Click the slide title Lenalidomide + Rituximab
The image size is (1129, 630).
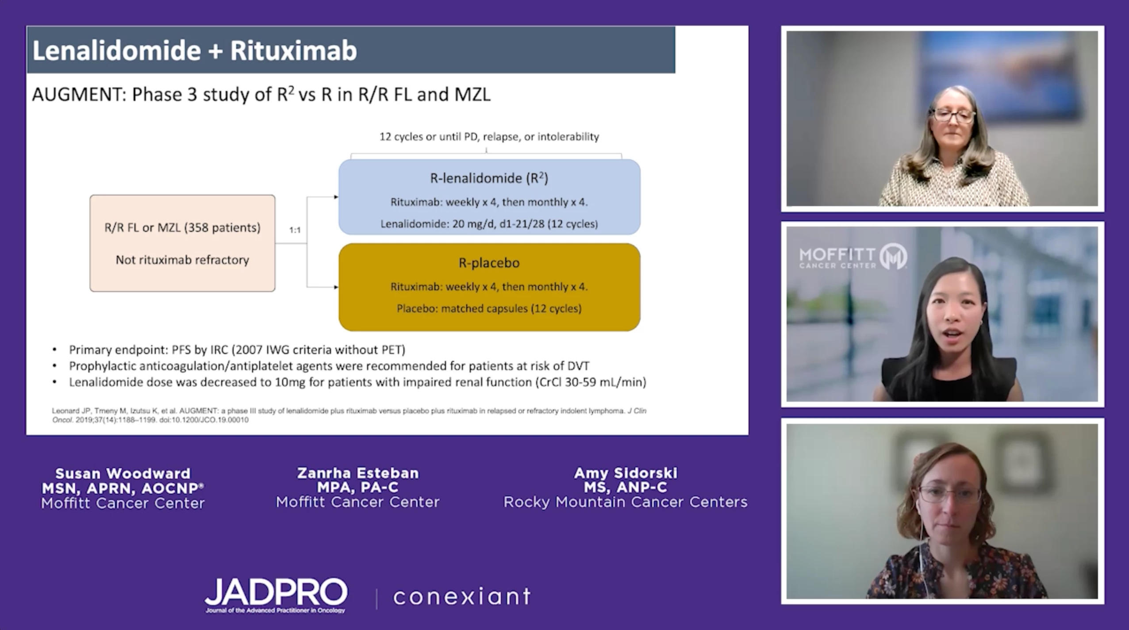pos(195,50)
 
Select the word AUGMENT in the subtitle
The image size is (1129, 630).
pos(79,95)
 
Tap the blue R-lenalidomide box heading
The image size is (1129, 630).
pos(489,178)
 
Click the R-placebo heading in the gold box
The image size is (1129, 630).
pos(489,263)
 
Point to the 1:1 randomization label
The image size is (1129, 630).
pos(295,230)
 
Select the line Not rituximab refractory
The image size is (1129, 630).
pos(182,260)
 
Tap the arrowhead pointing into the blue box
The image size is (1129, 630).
pos(336,197)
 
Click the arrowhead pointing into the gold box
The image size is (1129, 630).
pos(336,287)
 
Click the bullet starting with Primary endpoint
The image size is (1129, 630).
pos(237,350)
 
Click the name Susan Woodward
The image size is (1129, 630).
pos(123,473)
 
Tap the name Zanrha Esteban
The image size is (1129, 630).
pos(358,473)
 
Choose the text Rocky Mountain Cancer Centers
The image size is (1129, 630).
pos(626,502)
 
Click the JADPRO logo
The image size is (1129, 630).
pos(276,595)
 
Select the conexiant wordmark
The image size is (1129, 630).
pos(462,596)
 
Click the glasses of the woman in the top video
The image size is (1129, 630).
pos(954,116)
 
